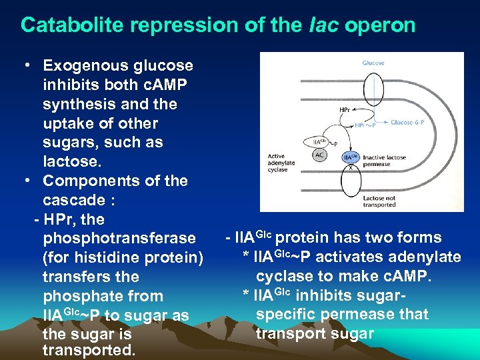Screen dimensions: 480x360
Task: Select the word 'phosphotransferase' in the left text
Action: tap(119, 238)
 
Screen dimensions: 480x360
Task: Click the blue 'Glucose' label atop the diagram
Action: tap(373, 63)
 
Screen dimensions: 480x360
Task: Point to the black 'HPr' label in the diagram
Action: tap(345, 110)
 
